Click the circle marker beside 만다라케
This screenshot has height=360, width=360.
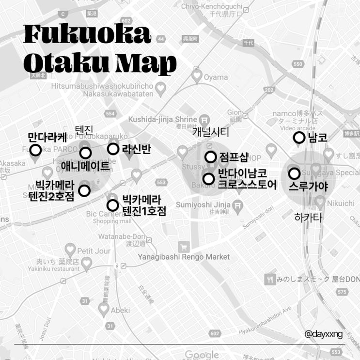pyautogui.click(x=35, y=150)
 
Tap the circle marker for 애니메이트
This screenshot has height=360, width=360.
pyautogui.click(x=85, y=153)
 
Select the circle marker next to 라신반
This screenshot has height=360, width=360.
pyautogui.click(x=113, y=149)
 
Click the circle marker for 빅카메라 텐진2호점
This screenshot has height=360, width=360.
pyautogui.click(x=84, y=190)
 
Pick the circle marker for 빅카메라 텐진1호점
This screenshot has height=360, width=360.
pyautogui.click(x=112, y=205)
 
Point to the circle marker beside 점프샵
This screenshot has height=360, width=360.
pyautogui.click(x=210, y=157)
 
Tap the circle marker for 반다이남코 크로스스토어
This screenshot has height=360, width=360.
pyautogui.click(x=209, y=179)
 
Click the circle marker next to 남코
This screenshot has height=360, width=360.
pyautogui.click(x=299, y=138)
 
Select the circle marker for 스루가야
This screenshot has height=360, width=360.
pyautogui.click(x=294, y=173)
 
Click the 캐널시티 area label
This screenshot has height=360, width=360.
pyautogui.click(x=210, y=132)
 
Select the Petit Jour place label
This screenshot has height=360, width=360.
pyautogui.click(x=94, y=251)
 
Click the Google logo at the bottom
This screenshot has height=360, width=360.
pyautogui.click(x=202, y=355)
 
